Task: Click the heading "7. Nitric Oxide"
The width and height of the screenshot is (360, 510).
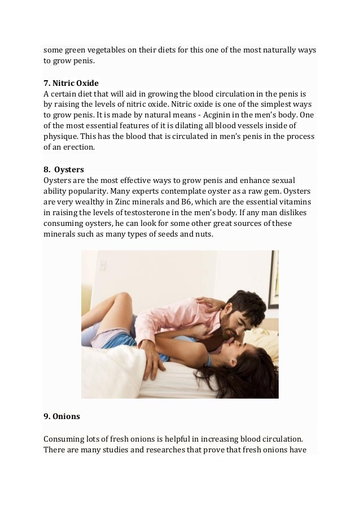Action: point(71,83)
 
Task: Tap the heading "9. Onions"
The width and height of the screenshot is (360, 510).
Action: point(62,416)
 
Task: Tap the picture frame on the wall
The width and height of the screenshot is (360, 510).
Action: point(273,279)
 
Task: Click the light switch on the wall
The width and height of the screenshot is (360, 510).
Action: point(102,265)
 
